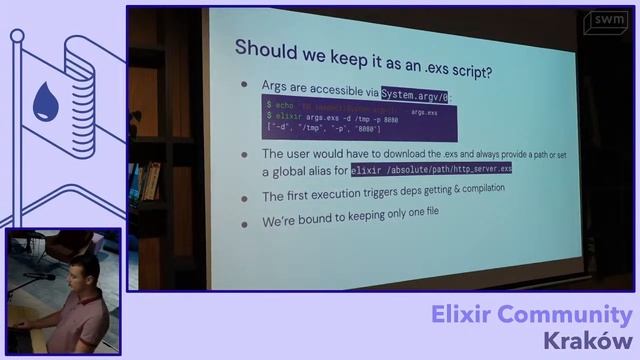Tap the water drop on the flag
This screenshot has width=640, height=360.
[x=44, y=100]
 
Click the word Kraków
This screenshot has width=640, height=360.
[x=588, y=341]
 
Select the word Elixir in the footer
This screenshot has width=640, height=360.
[x=466, y=316]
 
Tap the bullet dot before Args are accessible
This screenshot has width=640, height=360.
[x=244, y=86]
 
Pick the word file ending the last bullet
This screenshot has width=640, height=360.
[x=427, y=213]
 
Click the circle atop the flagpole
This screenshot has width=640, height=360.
[x=17, y=36]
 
